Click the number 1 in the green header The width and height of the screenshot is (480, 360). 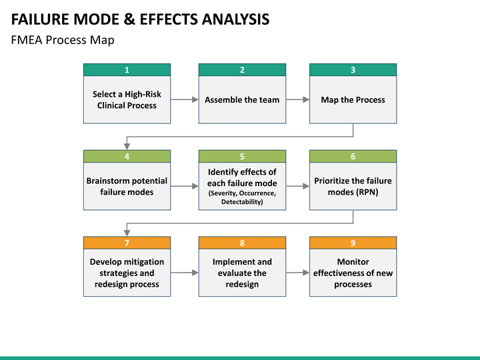coord(127,70)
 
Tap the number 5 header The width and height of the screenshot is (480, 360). coord(242,157)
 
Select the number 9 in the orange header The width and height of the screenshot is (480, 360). coord(353,243)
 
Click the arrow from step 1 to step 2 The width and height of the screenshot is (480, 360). coord(184,99)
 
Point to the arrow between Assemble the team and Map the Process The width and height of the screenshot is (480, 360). coord(297,99)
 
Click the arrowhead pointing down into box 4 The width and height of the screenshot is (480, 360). coord(127,146)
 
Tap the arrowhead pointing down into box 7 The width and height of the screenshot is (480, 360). coord(127,233)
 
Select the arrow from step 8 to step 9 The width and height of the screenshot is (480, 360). coord(297,273)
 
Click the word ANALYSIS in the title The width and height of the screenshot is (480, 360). coord(235,19)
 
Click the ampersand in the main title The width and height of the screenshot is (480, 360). coord(129,19)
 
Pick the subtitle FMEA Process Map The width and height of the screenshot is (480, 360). coord(63,40)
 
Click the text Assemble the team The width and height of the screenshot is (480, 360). coord(242,100)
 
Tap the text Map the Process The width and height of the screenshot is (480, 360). coord(353,100)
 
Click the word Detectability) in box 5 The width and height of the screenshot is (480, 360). coord(242,202)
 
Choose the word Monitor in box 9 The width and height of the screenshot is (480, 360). coord(353,262)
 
